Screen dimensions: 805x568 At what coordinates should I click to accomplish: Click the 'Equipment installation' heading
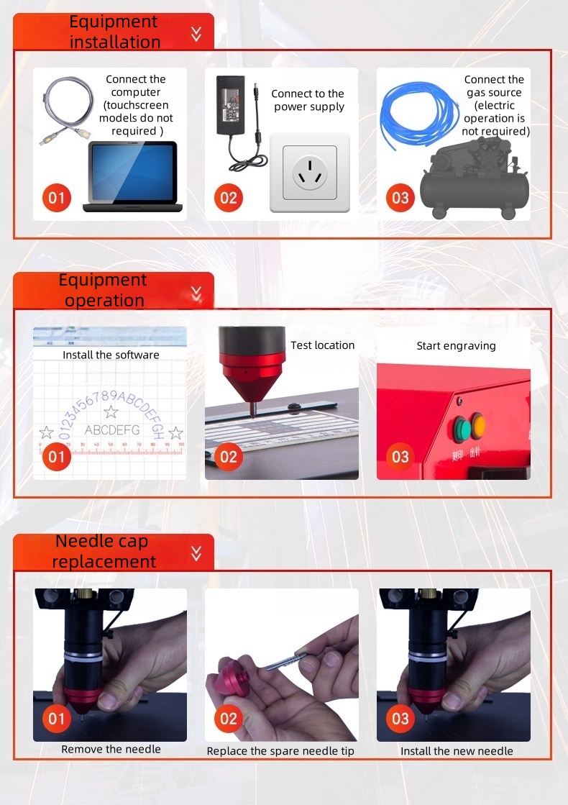pyautogui.click(x=114, y=32)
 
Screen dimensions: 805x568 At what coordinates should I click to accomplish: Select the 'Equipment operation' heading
pyautogui.click(x=103, y=290)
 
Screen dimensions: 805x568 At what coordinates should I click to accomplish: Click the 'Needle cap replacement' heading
pyautogui.click(x=104, y=551)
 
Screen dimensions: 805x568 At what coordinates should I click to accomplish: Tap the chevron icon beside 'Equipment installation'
pyautogui.click(x=196, y=33)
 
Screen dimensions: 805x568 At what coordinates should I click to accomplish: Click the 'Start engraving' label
pyautogui.click(x=456, y=346)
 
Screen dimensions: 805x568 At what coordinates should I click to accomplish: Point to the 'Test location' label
pyautogui.click(x=322, y=345)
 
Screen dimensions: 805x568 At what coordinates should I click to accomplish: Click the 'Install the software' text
pyautogui.click(x=111, y=355)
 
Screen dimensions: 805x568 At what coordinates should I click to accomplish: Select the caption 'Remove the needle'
pyautogui.click(x=111, y=749)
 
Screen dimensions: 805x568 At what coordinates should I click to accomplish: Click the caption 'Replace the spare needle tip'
pyautogui.click(x=280, y=751)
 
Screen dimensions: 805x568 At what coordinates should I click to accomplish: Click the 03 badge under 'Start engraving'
pyautogui.click(x=400, y=456)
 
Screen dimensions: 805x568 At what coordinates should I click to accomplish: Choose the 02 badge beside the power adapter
pyautogui.click(x=228, y=197)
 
